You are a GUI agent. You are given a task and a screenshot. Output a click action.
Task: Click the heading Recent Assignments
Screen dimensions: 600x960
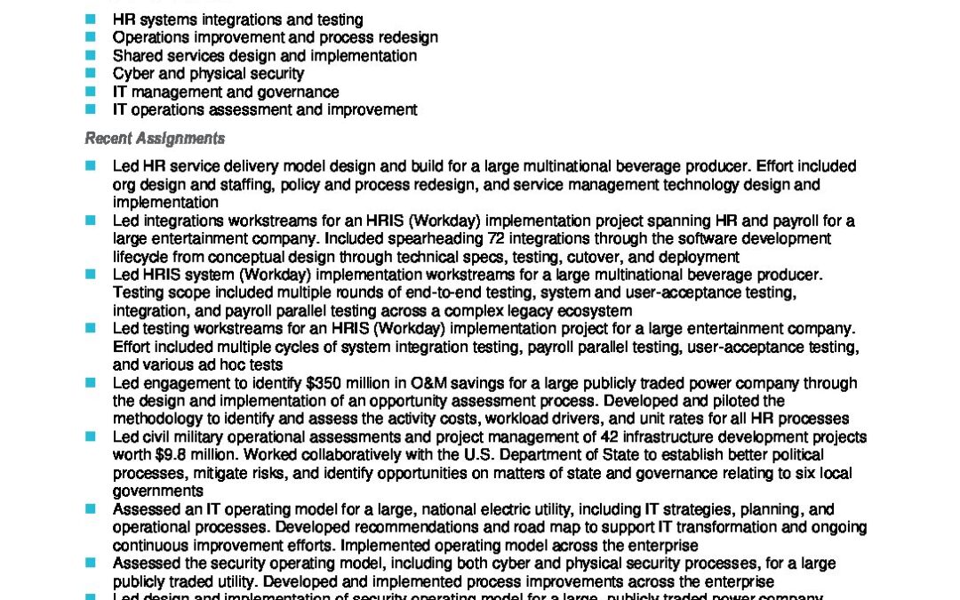click(155, 139)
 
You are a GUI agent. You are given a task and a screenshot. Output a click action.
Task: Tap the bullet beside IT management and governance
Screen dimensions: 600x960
click(90, 92)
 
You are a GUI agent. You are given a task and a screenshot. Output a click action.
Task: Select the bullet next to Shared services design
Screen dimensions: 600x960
click(90, 56)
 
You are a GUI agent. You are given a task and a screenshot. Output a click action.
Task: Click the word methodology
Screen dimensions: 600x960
click(156, 419)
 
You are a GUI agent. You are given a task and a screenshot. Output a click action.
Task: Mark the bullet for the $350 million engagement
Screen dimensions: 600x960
click(90, 383)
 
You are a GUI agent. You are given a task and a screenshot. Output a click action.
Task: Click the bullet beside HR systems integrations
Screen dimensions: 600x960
click(90, 20)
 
